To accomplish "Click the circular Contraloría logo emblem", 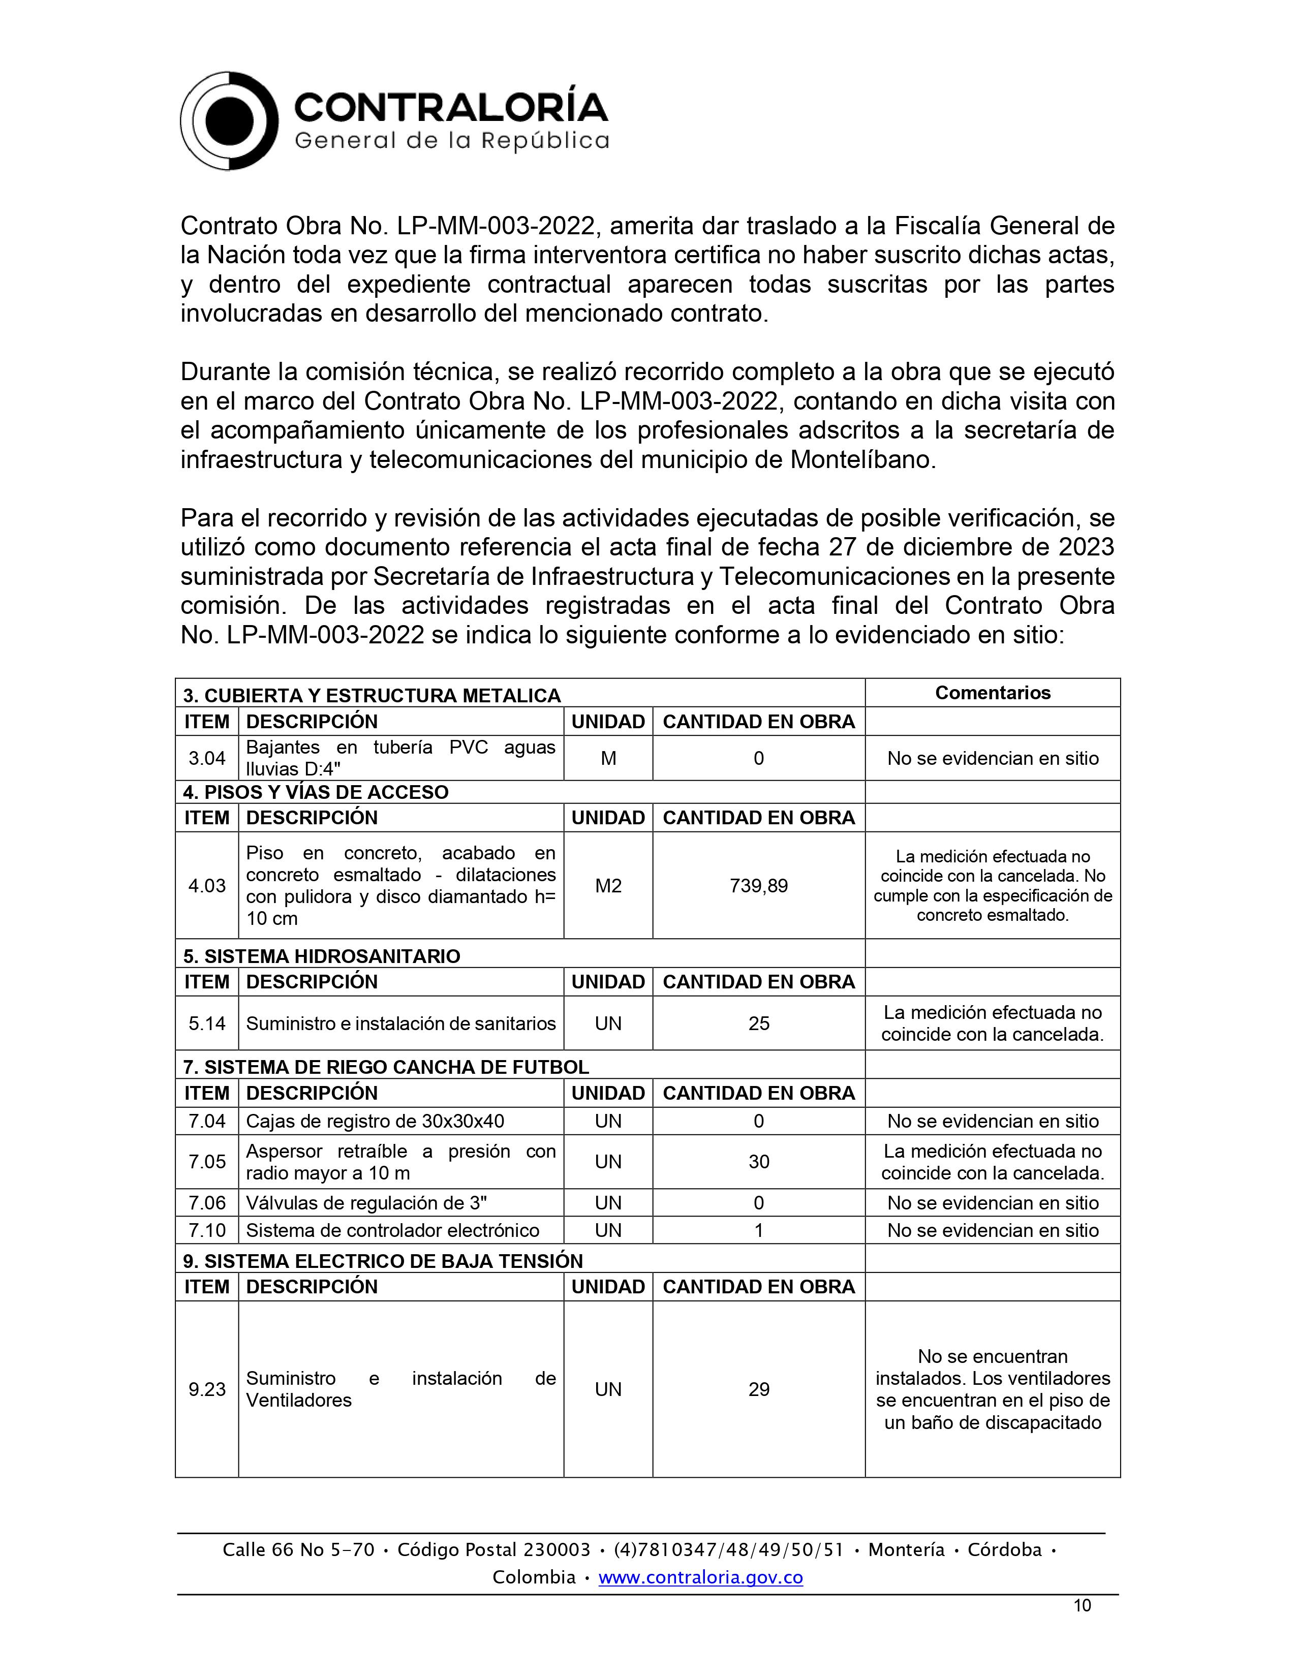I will coord(229,121).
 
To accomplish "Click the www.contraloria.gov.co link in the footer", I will coord(700,1577).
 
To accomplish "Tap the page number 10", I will coord(1082,1605).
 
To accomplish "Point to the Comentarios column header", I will coord(992,693).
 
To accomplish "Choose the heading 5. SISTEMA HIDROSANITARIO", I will coord(322,956).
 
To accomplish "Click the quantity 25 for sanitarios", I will coord(759,1023).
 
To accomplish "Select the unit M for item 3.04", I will coord(608,759).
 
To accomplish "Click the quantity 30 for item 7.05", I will coord(759,1162).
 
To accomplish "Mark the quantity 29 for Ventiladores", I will coord(759,1389).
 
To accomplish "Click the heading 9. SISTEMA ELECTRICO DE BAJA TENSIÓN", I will coord(382,1261).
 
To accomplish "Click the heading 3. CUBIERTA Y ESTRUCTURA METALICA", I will coord(372,696).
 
